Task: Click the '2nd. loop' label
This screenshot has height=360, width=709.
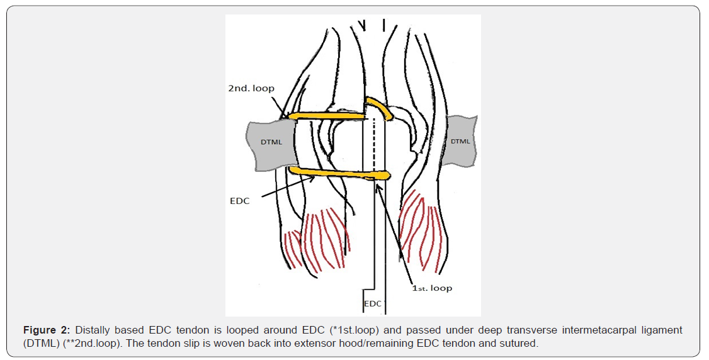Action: click(251, 88)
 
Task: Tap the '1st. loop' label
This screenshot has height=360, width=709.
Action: click(432, 288)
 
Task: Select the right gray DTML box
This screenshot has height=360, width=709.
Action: click(461, 141)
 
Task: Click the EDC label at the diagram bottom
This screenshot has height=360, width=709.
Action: click(373, 304)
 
